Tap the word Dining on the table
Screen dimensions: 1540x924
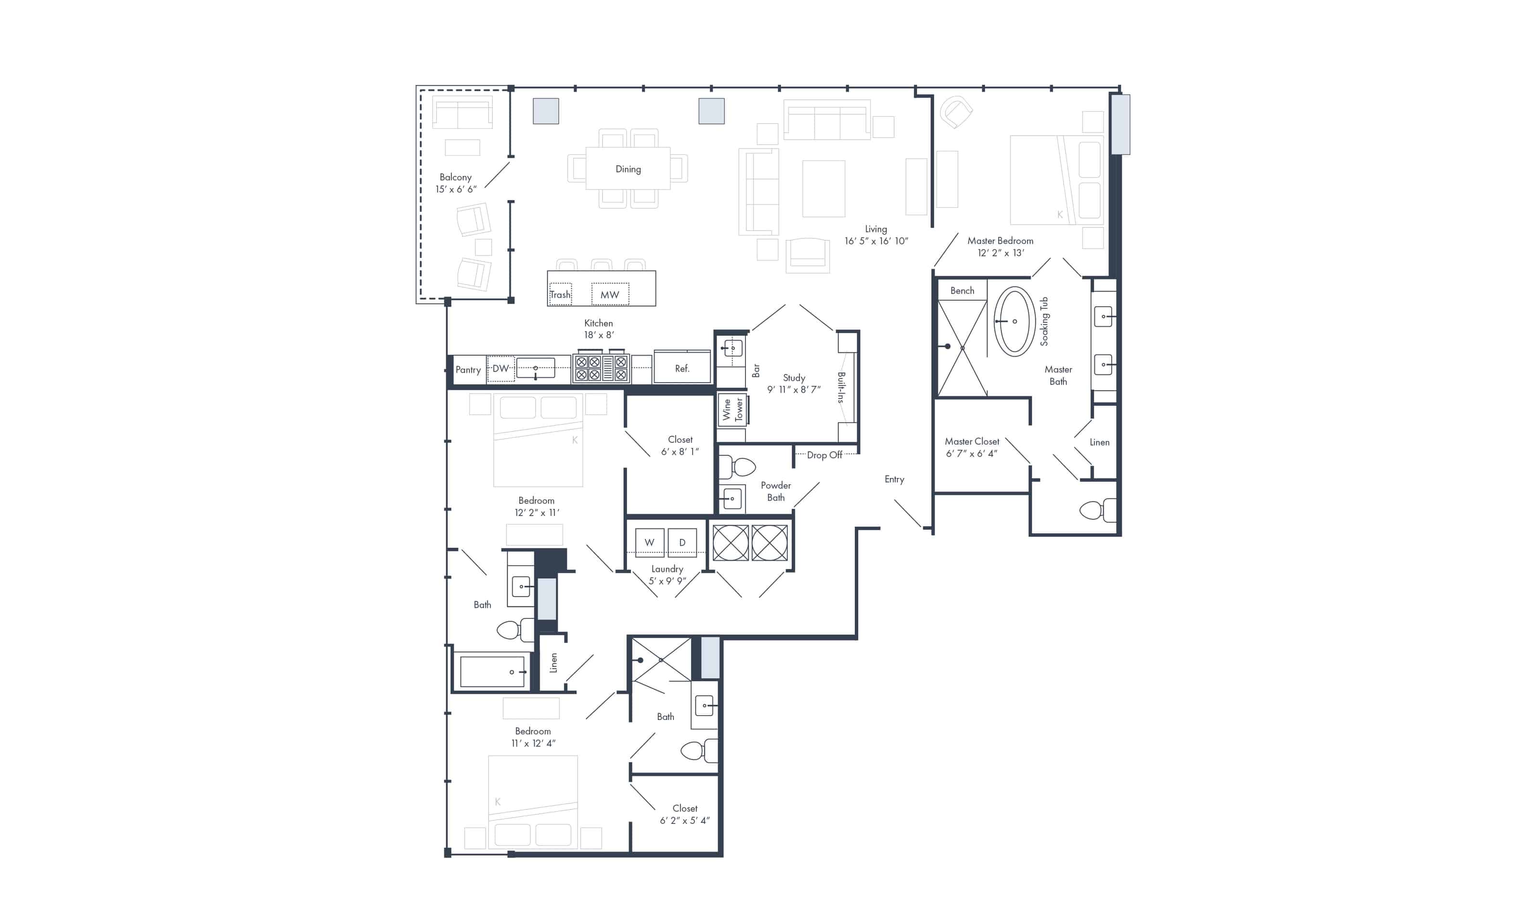point(628,169)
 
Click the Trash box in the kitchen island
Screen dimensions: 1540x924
point(560,295)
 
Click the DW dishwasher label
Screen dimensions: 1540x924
point(500,369)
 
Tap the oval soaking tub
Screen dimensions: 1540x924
point(1014,321)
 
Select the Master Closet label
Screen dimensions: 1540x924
point(972,441)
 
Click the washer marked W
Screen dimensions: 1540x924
point(649,542)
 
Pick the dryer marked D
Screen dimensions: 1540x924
point(682,542)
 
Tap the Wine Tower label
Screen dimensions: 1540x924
point(732,410)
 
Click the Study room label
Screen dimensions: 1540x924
point(794,378)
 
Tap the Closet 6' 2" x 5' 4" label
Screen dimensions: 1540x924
point(685,814)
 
